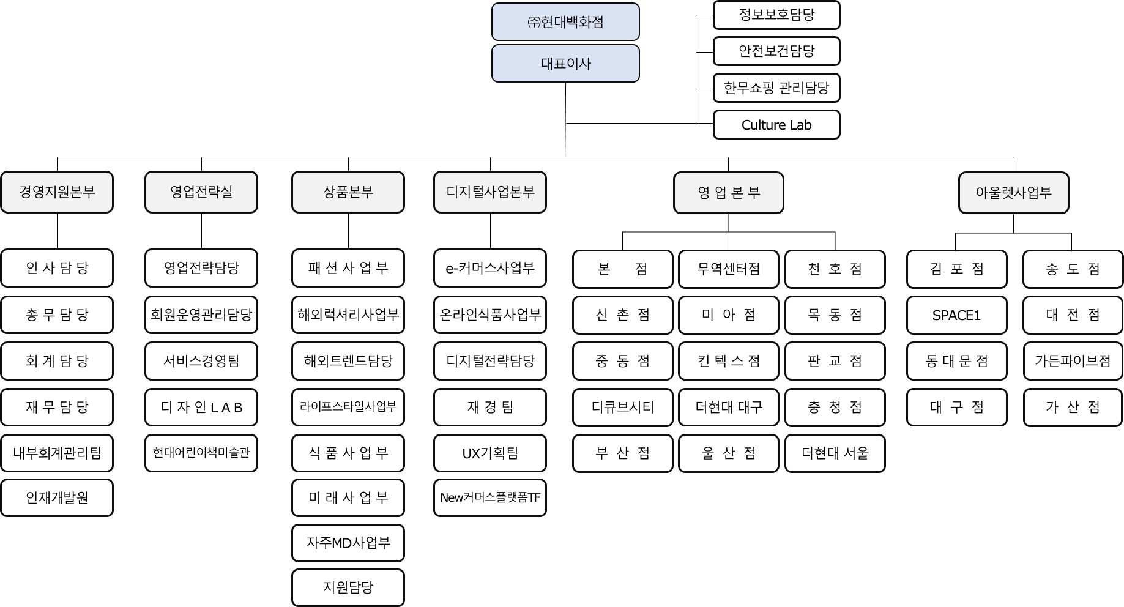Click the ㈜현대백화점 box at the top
point(565,22)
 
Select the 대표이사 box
point(565,64)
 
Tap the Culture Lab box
point(776,125)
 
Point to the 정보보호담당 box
point(776,15)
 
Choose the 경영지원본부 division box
point(57,192)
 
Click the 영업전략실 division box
point(201,192)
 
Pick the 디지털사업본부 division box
point(490,192)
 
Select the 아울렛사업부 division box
point(1013,193)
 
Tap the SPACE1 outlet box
point(956,315)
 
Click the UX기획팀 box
point(490,453)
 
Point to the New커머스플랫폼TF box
point(490,497)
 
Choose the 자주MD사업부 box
point(348,543)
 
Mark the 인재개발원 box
point(57,497)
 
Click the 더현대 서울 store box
point(835,453)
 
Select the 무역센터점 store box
point(728,269)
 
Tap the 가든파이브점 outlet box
point(1073,361)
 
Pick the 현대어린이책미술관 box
point(201,453)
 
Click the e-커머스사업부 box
point(490,268)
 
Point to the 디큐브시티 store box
point(622,407)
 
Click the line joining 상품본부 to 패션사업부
point(348,231)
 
